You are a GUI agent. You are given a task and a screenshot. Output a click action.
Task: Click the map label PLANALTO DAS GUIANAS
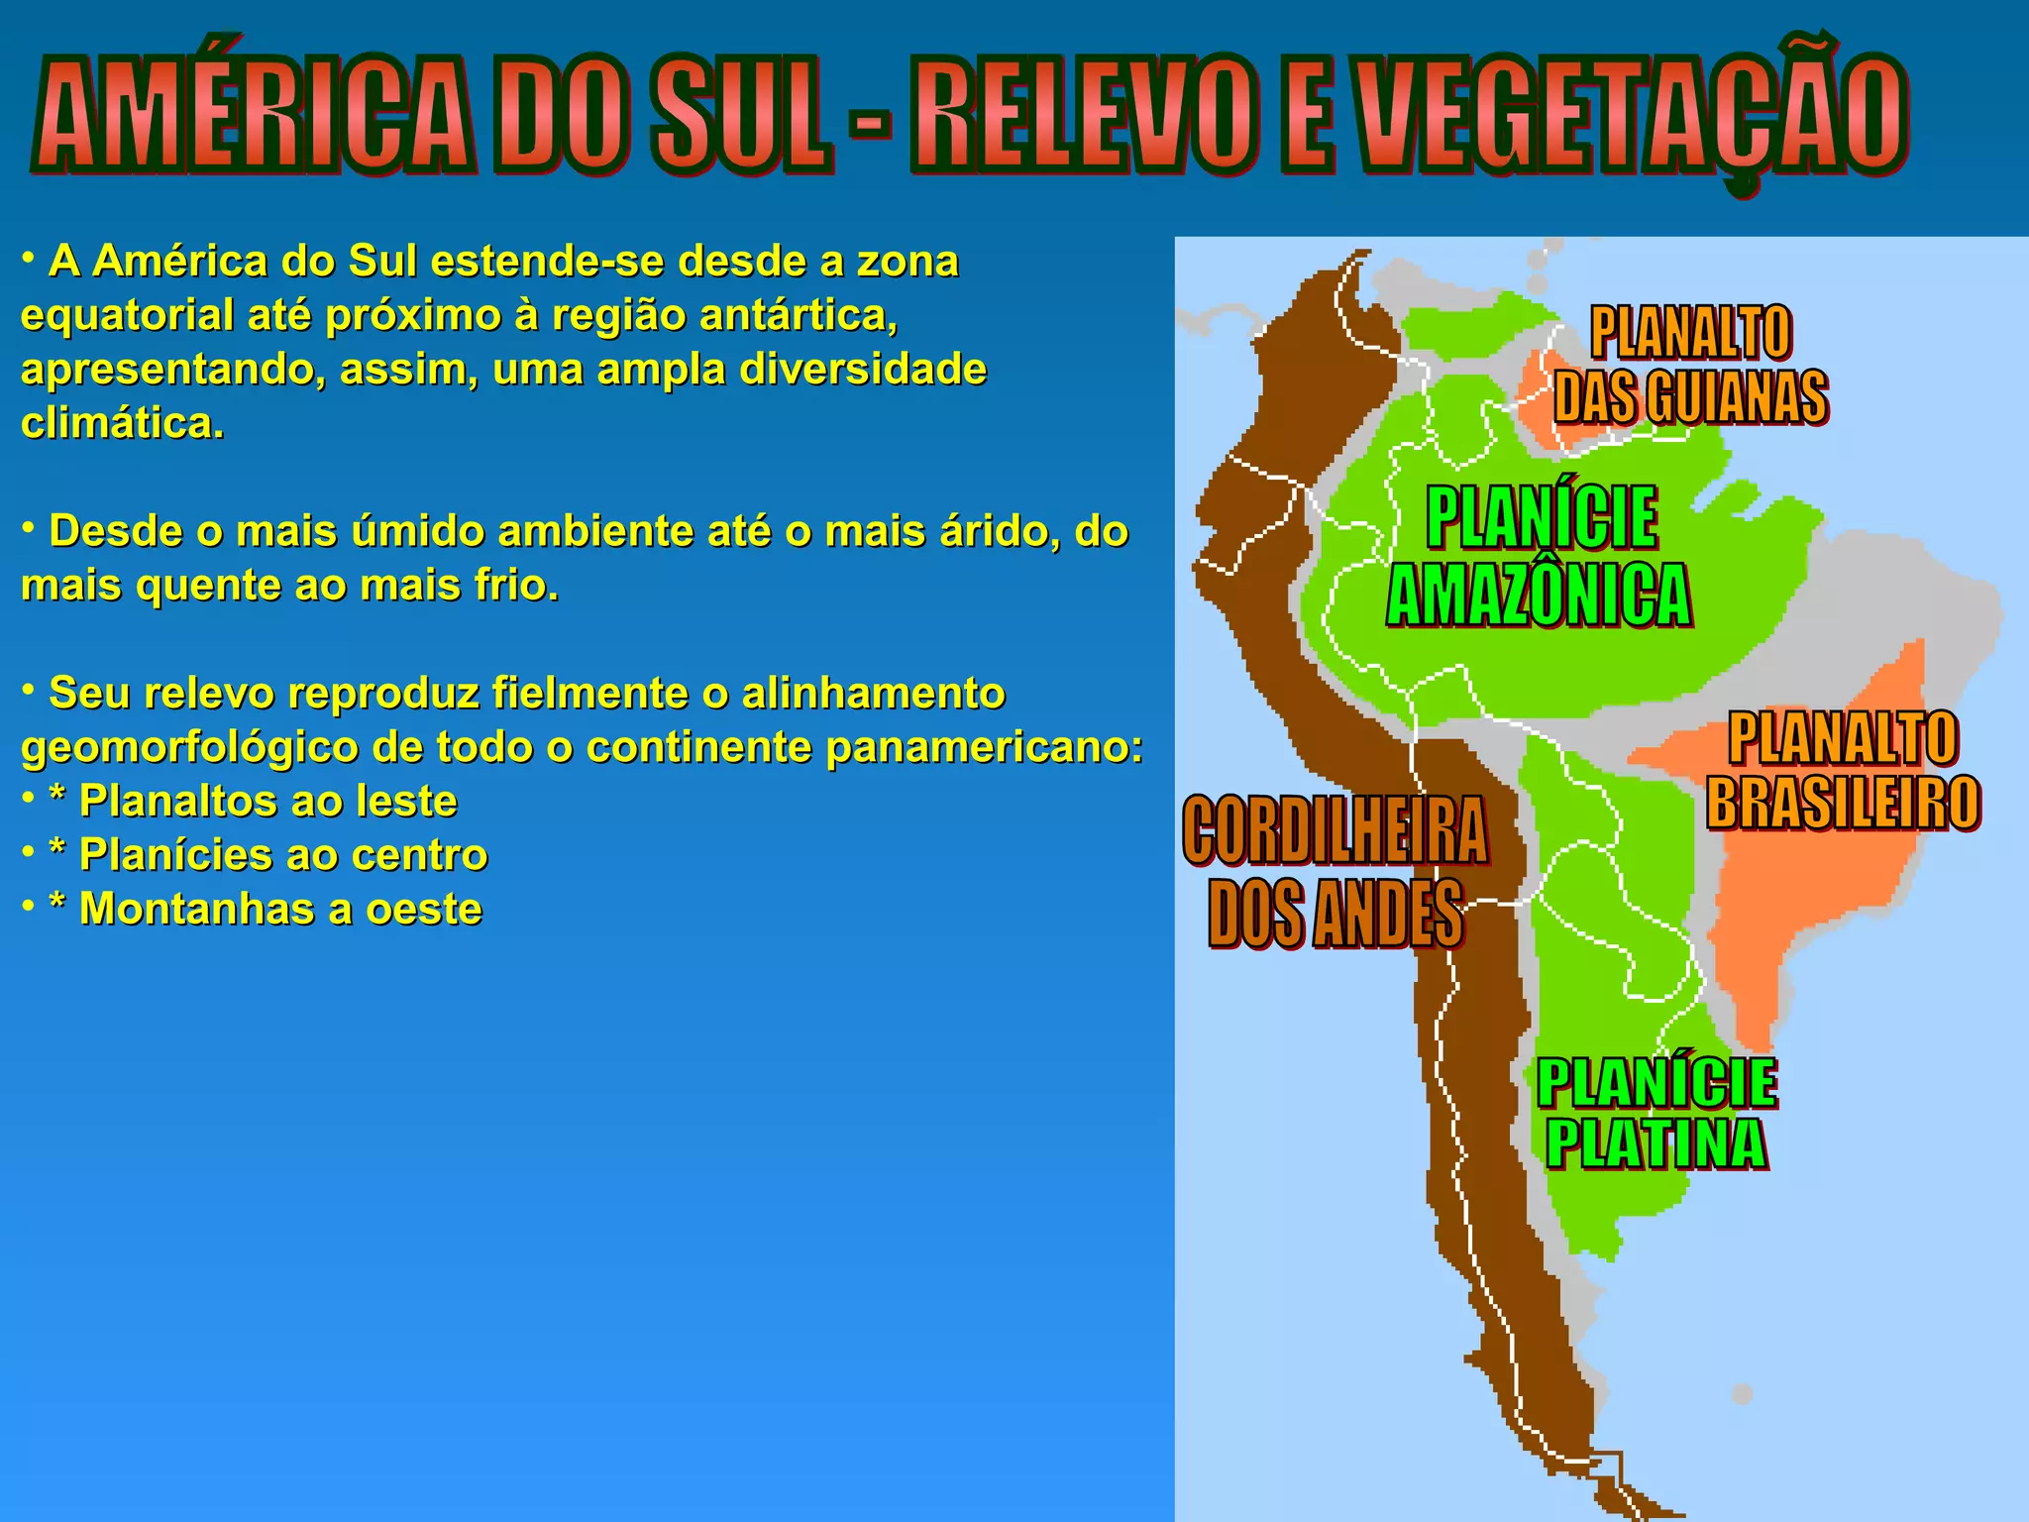(x=1690, y=365)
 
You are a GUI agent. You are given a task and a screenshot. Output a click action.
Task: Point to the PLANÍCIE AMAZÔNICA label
(x=1540, y=556)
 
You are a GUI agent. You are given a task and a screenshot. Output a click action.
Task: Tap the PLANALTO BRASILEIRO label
(x=1843, y=770)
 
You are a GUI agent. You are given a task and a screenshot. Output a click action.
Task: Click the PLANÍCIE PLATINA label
(x=1656, y=1114)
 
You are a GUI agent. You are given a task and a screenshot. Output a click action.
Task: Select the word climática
(x=122, y=423)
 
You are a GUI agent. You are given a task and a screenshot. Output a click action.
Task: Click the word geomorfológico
(x=189, y=747)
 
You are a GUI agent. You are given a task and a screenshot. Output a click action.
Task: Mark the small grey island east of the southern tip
(x=1742, y=1394)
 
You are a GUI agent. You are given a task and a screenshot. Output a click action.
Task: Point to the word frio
(x=516, y=586)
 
